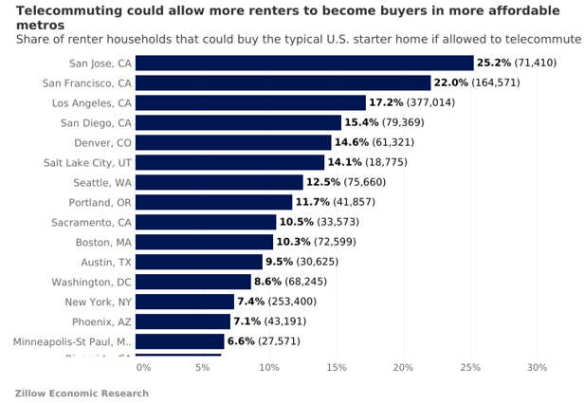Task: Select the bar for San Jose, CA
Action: coord(304,63)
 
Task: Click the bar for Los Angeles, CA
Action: coord(250,102)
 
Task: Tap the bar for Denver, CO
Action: coord(233,142)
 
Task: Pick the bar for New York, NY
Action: coord(185,302)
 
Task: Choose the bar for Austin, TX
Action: coord(199,262)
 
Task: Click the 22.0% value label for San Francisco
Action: coord(450,82)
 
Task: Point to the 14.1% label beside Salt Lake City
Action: coord(343,162)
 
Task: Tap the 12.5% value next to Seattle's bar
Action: coord(322,182)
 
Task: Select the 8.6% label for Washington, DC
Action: coord(267,282)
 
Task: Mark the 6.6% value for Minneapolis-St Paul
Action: coord(241,341)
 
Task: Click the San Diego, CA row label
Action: coord(96,122)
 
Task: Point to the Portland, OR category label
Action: coord(100,202)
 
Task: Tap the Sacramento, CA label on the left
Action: coord(91,222)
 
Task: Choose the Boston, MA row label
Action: coord(103,242)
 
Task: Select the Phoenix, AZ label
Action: coord(101,321)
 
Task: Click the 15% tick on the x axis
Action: coord(337,367)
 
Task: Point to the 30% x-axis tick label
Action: coord(537,367)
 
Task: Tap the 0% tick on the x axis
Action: coord(143,367)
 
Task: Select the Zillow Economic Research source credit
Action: coord(82,393)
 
